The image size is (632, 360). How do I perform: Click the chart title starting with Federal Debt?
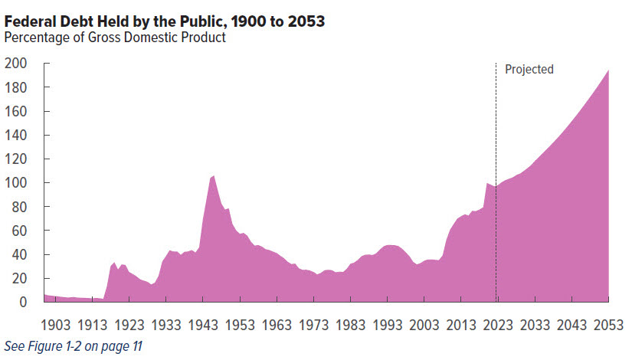click(165, 21)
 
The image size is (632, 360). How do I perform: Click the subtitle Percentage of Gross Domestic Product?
click(115, 38)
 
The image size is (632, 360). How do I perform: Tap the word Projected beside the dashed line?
click(529, 70)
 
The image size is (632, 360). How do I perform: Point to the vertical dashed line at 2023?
click(496, 153)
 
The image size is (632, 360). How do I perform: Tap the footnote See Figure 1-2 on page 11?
click(73, 346)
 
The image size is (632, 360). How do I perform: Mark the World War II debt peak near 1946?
click(213, 176)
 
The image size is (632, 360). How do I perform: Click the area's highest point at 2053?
click(609, 70)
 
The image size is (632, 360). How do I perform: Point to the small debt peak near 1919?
click(114, 263)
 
